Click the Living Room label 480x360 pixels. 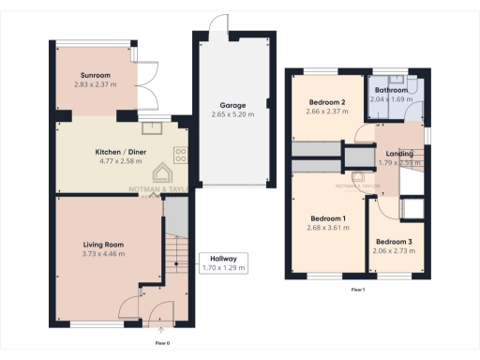pyautogui.click(x=103, y=244)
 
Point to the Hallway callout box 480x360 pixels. pyautogui.click(x=223, y=262)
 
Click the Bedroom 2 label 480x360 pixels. pyautogui.click(x=328, y=101)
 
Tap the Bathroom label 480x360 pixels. pyautogui.click(x=392, y=90)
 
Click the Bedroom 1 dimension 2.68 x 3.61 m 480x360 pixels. pyautogui.click(x=328, y=228)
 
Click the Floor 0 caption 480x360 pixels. pyautogui.click(x=162, y=343)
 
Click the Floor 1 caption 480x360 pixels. pyautogui.click(x=357, y=290)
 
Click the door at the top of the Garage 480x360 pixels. pyautogui.click(x=219, y=23)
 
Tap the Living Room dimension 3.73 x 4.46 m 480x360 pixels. pyautogui.click(x=103, y=254)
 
